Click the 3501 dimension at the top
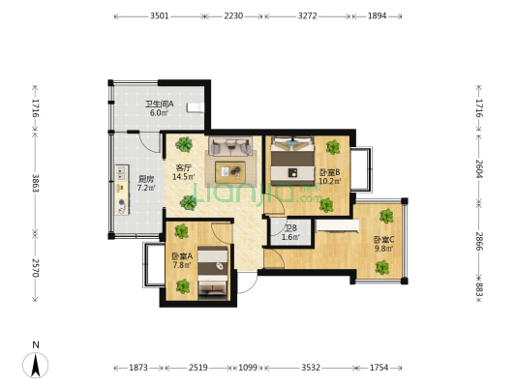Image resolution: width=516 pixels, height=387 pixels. (x=160, y=15)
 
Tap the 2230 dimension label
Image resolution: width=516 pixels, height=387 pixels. (x=233, y=15)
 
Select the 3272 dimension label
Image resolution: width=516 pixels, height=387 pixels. (x=307, y=15)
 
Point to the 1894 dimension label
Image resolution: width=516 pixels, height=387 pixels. (x=378, y=15)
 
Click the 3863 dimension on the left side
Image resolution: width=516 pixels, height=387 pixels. (x=35, y=183)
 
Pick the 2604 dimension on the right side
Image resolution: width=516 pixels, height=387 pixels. (x=479, y=168)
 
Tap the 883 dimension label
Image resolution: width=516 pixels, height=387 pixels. (x=479, y=292)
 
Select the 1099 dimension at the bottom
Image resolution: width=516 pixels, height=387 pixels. (x=248, y=368)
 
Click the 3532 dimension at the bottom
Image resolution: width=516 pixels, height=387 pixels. (x=311, y=368)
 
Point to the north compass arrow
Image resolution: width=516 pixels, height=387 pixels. (x=35, y=365)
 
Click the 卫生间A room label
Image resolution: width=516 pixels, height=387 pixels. (x=160, y=104)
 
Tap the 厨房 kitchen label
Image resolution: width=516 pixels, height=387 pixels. (x=146, y=179)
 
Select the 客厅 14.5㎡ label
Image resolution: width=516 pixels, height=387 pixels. (x=184, y=172)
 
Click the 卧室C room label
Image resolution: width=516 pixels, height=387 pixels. (x=383, y=239)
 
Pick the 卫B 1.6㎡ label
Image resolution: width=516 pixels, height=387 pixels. (x=290, y=232)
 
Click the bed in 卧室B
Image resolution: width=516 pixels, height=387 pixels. (x=292, y=161)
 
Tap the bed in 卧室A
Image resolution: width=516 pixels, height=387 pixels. (x=213, y=273)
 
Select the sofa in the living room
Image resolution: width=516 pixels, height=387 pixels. (x=230, y=146)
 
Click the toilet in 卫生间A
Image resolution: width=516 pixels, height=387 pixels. (x=196, y=107)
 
